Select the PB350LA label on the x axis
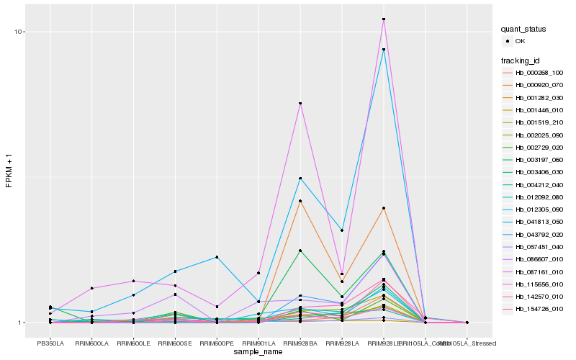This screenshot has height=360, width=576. click(50, 343)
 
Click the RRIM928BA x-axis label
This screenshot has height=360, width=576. click(300, 343)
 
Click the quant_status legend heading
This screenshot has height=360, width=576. click(524, 29)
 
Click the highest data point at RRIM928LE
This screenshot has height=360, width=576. click(384, 19)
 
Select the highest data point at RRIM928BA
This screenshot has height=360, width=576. click(300, 104)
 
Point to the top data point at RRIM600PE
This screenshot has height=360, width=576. click(217, 257)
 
